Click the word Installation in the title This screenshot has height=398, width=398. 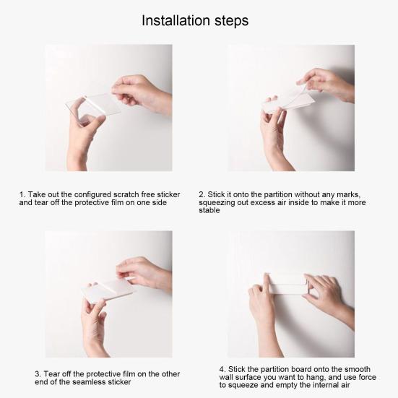[x=176, y=20]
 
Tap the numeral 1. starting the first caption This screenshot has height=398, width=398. [x=22, y=195]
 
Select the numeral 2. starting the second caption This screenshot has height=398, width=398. [x=202, y=195]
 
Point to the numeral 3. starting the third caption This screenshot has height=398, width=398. [x=38, y=374]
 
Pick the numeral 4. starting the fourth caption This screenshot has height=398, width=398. [x=222, y=369]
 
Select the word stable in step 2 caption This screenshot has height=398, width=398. [x=209, y=210]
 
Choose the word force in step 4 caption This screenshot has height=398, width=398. [x=365, y=377]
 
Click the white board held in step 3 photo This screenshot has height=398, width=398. [x=108, y=291]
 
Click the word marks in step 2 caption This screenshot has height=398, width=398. [x=348, y=195]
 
